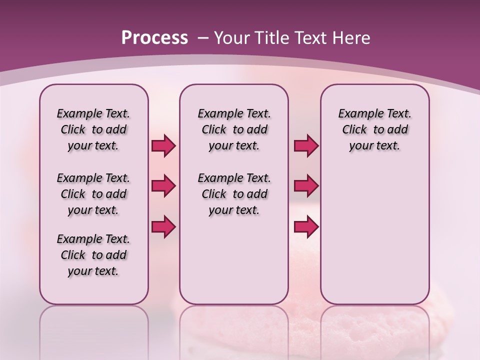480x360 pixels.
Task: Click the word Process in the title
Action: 154,38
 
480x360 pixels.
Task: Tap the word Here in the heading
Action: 352,38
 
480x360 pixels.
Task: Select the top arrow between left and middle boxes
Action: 163,146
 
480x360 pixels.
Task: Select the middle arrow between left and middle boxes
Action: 163,186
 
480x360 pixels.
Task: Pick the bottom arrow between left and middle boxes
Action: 163,226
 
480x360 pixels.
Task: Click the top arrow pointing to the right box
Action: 306,146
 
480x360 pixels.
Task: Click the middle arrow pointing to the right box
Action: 306,186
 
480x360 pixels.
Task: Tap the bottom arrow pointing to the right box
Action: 306,226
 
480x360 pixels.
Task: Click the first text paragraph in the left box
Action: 93,129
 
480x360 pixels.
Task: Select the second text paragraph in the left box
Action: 93,194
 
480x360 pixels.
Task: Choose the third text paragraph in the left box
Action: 93,255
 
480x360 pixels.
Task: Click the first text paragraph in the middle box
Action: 234,129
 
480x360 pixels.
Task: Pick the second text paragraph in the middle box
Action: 234,194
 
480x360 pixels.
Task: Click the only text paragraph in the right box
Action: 374,129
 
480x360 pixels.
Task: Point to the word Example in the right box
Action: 357,114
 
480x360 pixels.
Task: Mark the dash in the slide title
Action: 203,38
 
